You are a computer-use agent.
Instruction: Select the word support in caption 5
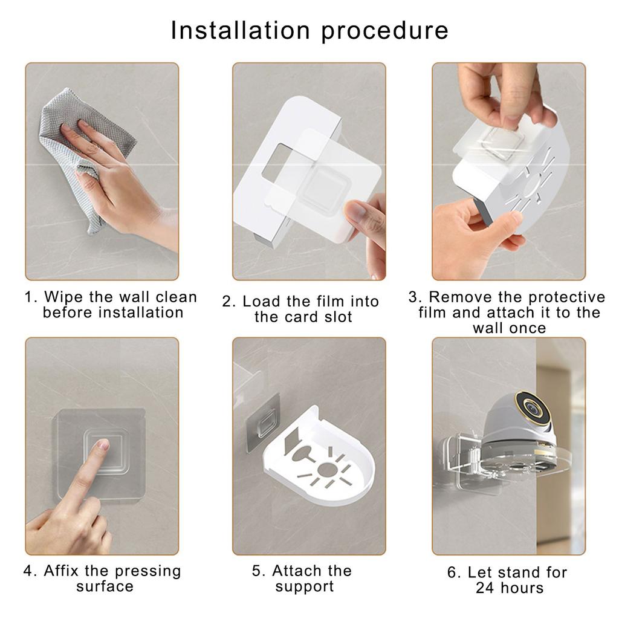coord(305,587)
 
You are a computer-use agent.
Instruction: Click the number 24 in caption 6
coord(485,588)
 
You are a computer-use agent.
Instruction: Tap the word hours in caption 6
coord(522,588)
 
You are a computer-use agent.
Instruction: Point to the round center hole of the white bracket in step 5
coord(326,470)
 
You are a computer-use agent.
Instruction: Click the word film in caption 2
coord(329,301)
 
